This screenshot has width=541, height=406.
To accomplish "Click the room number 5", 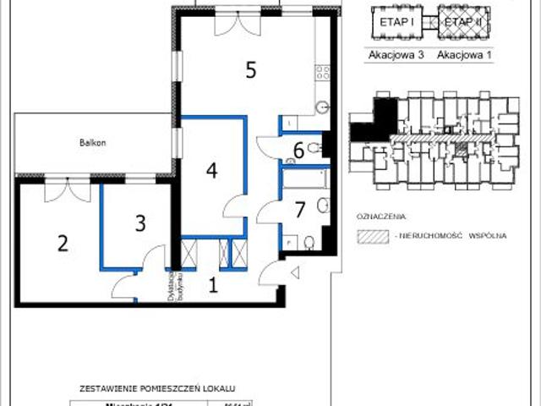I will coord(250,70).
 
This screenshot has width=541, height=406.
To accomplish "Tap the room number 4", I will coord(211,169).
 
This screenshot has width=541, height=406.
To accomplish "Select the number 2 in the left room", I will coord(62,244).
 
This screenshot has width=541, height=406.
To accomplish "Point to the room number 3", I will coord(140,224).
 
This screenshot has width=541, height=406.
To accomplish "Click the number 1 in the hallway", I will coord(213,285).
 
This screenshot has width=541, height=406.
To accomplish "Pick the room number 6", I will coord(298,151).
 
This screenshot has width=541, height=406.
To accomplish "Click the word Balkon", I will coord(94,144).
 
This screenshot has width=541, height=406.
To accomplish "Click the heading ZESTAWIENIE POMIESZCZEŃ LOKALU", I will coord(156,388).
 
